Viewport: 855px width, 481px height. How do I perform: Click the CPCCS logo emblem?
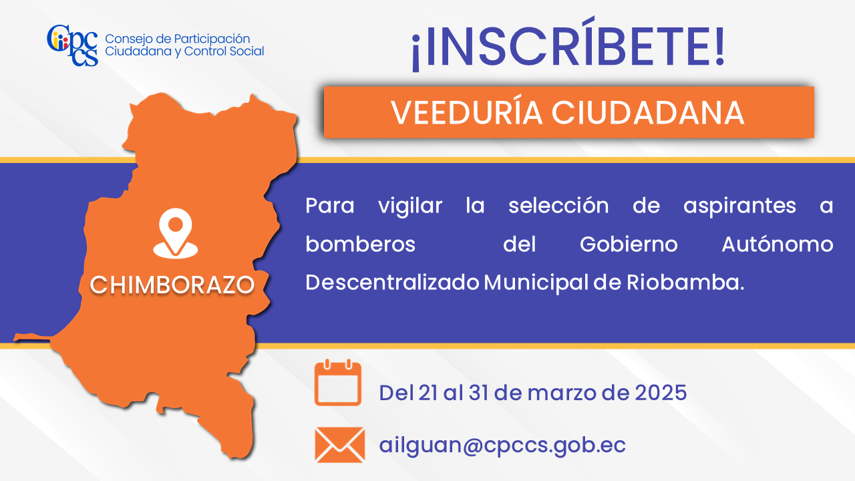click(73, 45)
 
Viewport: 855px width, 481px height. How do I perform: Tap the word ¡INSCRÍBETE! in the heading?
click(568, 44)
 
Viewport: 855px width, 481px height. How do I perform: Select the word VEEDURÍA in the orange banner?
click(466, 113)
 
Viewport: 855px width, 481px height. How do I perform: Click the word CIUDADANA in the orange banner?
click(648, 113)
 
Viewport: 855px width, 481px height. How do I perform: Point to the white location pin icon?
click(176, 233)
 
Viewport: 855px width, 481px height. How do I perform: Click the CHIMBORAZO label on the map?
click(172, 285)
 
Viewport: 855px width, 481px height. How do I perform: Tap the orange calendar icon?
click(338, 382)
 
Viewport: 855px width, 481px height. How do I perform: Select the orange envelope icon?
click(340, 445)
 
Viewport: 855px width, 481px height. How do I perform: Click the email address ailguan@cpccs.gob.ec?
click(502, 446)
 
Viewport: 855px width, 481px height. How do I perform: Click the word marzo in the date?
click(562, 393)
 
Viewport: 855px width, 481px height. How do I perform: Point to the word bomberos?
click(360, 244)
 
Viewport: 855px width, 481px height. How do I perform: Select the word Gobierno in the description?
click(629, 244)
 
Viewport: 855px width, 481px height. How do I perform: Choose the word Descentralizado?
click(392, 283)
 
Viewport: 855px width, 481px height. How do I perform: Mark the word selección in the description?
click(558, 205)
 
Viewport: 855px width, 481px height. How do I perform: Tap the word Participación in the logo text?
click(212, 39)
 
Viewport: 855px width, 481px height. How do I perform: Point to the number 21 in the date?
click(428, 392)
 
